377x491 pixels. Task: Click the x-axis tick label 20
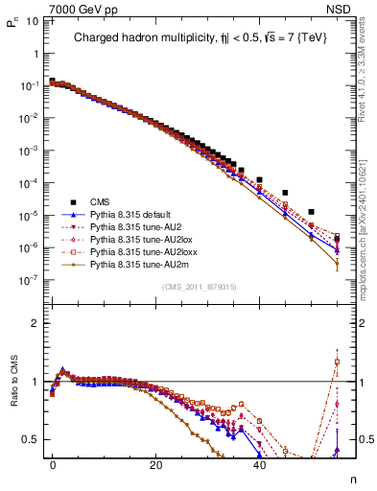(155, 465)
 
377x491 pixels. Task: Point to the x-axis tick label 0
(53, 465)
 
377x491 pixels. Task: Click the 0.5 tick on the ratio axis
(31, 439)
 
